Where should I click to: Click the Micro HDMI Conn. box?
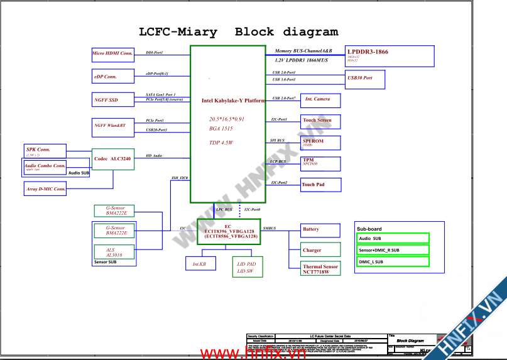point(112,54)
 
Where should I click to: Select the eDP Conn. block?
point(112,77)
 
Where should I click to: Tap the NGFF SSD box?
point(112,100)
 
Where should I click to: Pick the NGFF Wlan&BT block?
point(112,126)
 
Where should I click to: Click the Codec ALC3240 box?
point(113,159)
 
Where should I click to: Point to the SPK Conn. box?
point(44,151)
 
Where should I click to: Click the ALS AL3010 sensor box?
point(114,252)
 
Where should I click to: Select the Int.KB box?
point(199,265)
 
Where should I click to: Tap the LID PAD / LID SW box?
point(246,266)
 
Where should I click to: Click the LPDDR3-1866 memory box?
point(390,57)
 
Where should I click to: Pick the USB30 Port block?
point(366,79)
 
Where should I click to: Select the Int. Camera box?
point(320,100)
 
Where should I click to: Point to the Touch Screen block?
point(320,121)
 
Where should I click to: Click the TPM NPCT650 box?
point(320,163)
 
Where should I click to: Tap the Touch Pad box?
point(320,185)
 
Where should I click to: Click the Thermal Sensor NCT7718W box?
point(320,269)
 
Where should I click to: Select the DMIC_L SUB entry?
point(393,261)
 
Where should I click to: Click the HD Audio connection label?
point(154,155)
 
